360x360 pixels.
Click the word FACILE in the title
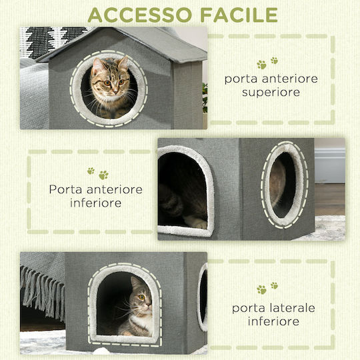point(239,15)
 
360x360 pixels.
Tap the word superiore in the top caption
point(271,93)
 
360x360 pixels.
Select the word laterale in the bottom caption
point(292,308)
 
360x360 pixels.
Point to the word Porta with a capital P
point(65,189)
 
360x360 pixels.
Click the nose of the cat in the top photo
point(115,92)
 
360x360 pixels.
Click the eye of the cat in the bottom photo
point(141,297)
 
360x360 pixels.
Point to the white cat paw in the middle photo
point(195,222)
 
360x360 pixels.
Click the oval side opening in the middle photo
point(284,185)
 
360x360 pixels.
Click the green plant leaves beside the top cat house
point(205,98)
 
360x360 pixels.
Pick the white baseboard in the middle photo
point(330,165)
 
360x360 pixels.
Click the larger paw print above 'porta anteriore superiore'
point(261,65)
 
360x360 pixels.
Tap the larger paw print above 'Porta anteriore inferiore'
point(104,175)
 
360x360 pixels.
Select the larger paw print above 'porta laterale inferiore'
point(261,290)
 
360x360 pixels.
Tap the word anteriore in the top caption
point(290,79)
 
